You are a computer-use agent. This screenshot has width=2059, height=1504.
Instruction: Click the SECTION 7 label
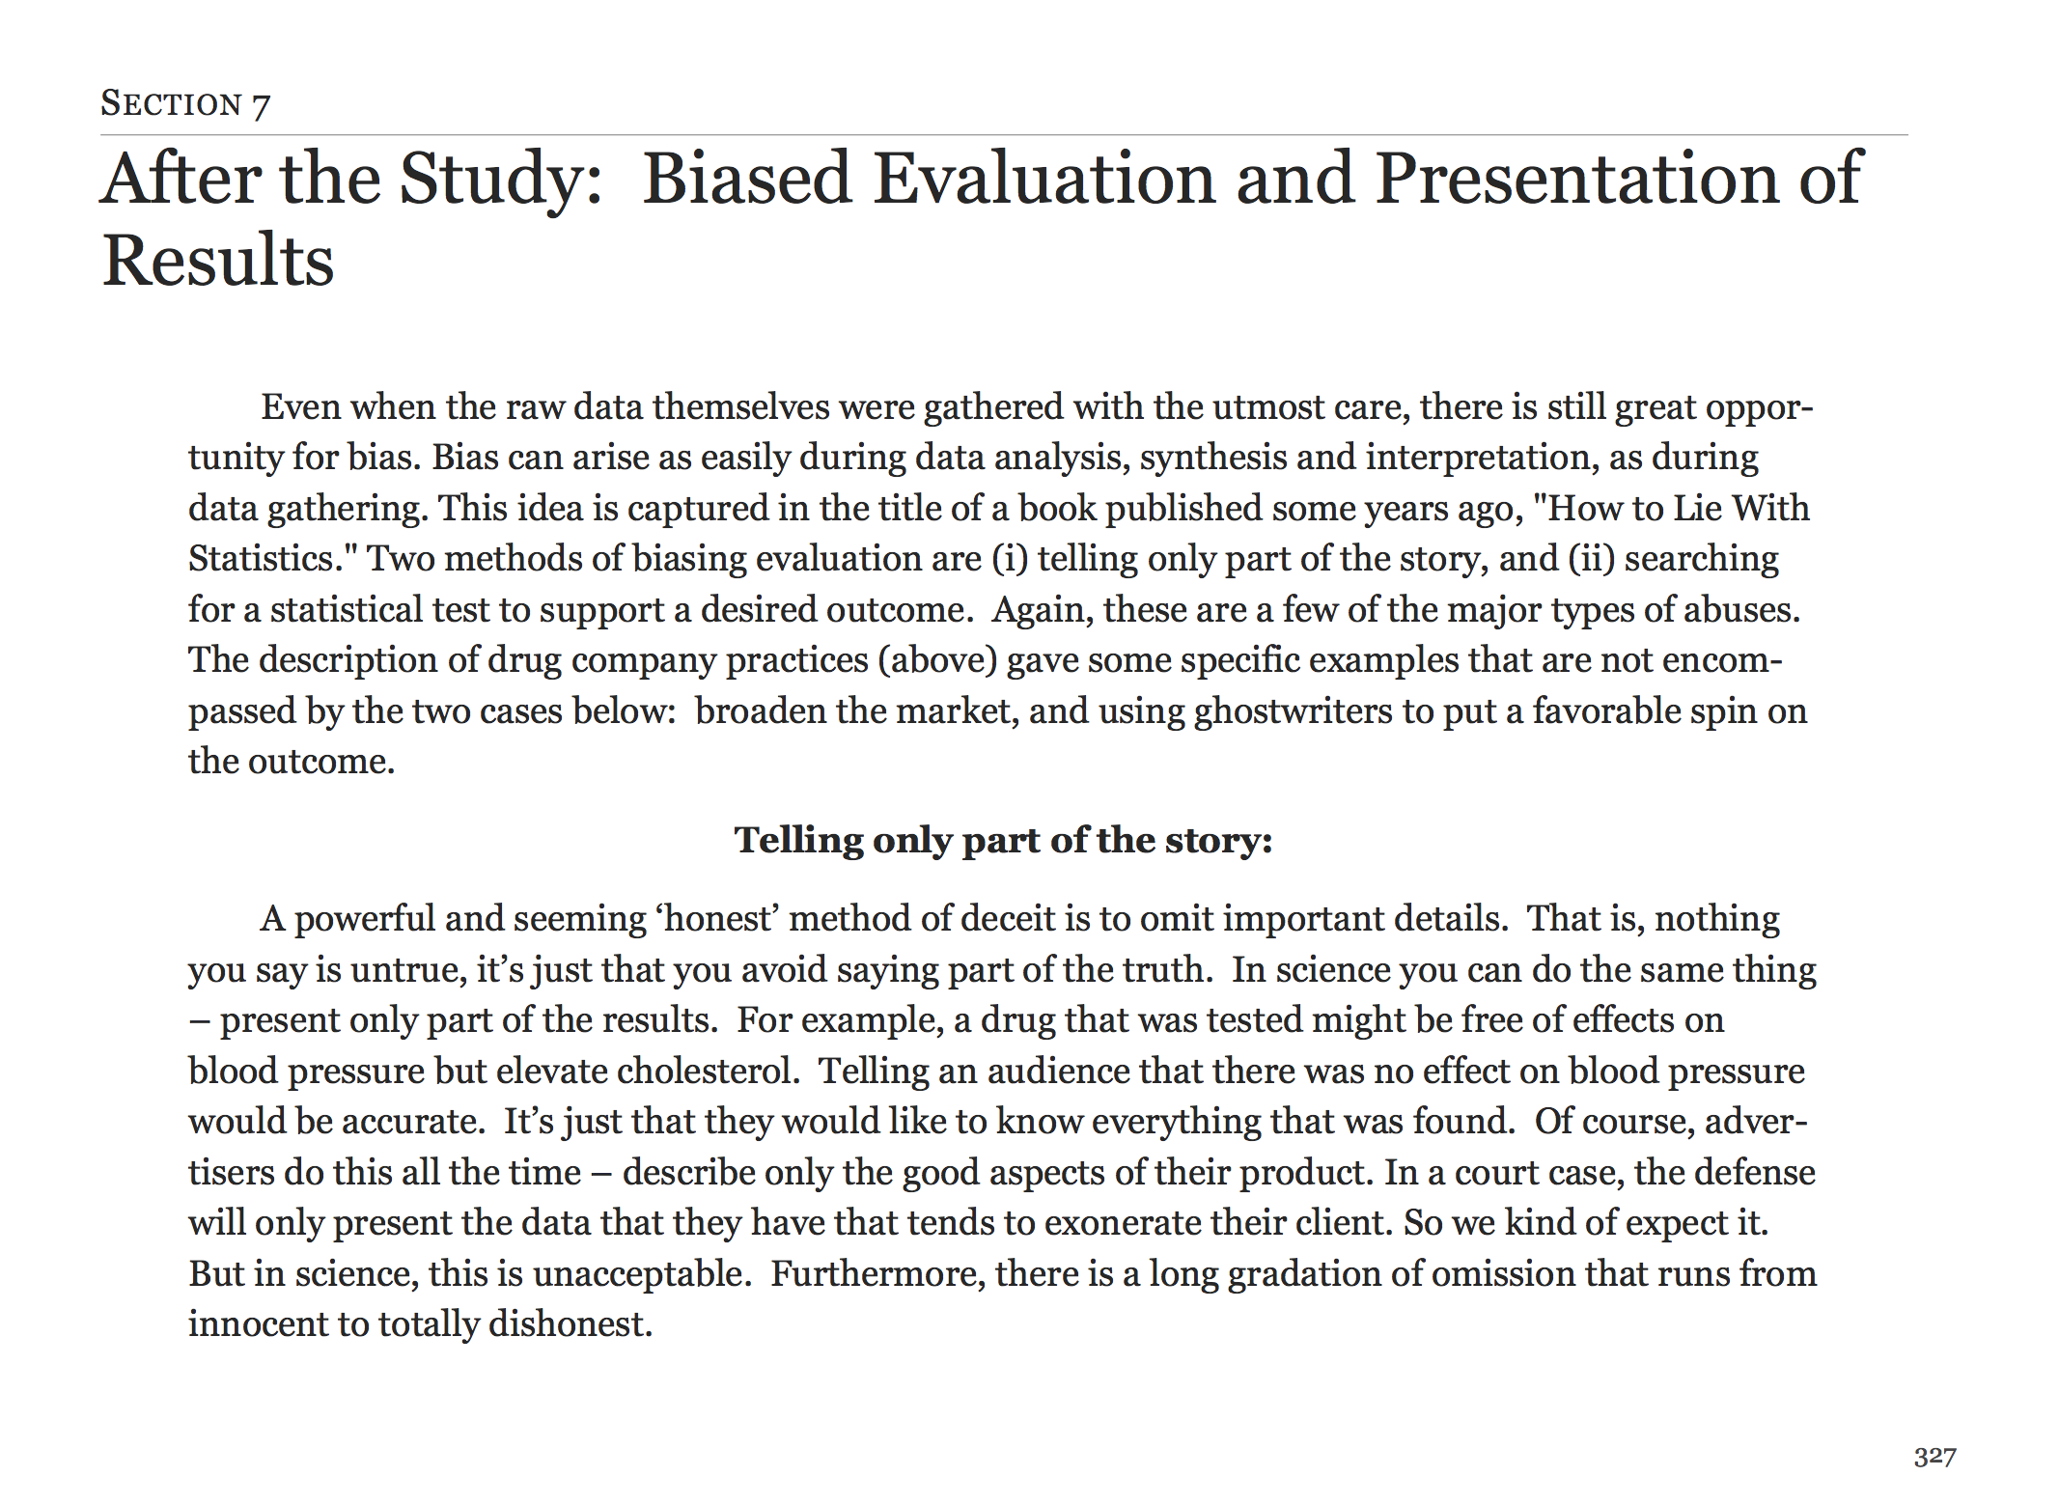coord(185,104)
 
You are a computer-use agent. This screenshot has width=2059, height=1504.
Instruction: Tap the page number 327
coord(1934,1457)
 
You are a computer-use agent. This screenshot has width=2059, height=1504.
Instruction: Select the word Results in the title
coord(218,261)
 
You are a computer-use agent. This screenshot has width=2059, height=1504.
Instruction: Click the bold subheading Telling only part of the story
coord(1003,840)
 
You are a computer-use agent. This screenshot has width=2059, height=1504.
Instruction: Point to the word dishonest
coord(570,1324)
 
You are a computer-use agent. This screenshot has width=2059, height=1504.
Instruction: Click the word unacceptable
coord(641,1274)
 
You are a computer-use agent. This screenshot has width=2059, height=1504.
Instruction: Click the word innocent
coord(258,1324)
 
